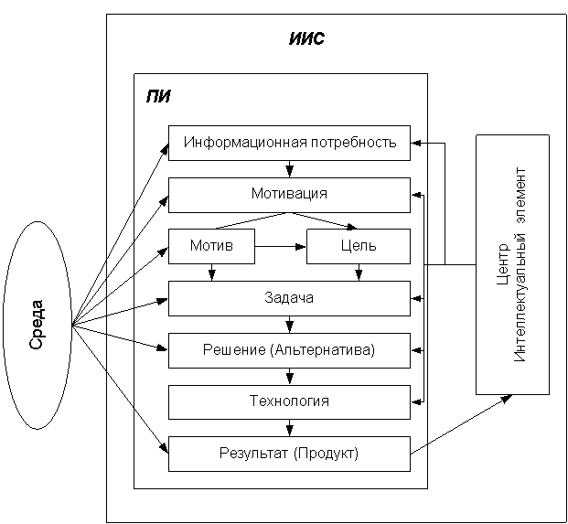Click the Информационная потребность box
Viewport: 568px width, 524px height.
click(289, 143)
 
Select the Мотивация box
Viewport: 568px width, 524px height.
click(289, 195)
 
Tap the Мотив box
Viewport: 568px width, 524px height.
click(211, 246)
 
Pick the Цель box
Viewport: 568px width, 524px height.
click(358, 246)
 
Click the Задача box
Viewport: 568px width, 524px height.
click(289, 298)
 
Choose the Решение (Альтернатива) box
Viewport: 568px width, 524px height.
click(289, 350)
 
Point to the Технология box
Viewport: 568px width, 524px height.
click(289, 401)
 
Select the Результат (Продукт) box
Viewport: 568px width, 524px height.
click(289, 454)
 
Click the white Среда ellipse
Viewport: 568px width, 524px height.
click(38, 325)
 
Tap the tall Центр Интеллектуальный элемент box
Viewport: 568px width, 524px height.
click(512, 264)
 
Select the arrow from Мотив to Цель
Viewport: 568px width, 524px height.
click(280, 246)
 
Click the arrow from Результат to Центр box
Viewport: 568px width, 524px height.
click(461, 424)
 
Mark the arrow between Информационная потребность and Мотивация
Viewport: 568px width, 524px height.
click(289, 169)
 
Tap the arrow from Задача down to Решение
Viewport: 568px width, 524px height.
click(289, 325)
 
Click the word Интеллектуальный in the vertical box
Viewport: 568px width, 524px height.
click(521, 264)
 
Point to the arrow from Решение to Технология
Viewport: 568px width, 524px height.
click(289, 376)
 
